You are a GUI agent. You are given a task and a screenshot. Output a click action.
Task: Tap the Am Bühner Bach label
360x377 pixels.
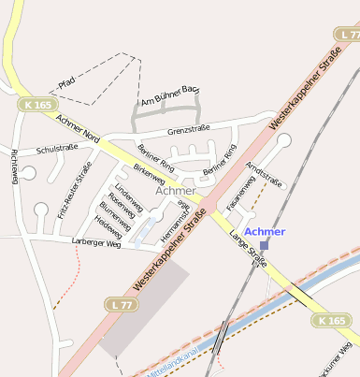pos(169,94)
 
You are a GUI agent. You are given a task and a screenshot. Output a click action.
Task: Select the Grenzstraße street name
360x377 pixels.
pos(188,130)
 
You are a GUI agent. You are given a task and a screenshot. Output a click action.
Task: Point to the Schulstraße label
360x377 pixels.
pos(56,148)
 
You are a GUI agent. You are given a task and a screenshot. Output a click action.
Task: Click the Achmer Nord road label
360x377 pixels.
pos(78,129)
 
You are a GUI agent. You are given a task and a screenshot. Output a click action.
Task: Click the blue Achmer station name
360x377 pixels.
pos(264,231)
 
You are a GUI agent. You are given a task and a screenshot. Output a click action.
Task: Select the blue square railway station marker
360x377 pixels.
pos(264,245)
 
